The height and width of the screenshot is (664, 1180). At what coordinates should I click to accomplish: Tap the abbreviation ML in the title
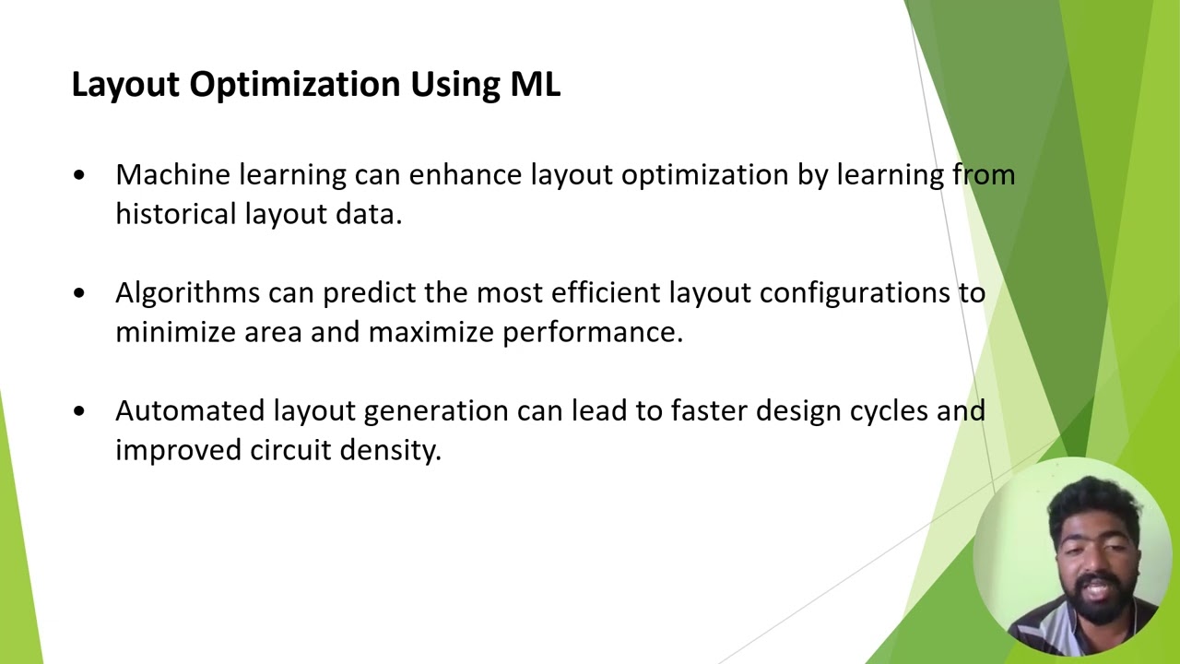tap(535, 84)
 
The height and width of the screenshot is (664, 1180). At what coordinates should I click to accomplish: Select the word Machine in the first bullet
tap(172, 174)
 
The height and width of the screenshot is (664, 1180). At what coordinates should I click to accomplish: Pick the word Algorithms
tap(187, 293)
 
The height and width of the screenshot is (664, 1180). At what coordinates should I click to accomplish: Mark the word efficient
tap(606, 293)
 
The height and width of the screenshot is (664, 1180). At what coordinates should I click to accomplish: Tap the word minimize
tap(175, 332)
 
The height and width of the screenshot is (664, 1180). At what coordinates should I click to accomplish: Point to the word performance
tap(592, 332)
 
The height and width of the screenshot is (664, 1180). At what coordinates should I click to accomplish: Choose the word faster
tap(709, 410)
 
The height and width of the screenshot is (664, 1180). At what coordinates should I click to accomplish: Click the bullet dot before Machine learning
tap(79, 175)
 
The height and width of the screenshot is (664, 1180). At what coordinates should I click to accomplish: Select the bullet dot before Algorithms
tap(79, 293)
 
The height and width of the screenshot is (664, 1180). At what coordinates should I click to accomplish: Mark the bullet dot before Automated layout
tap(79, 411)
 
